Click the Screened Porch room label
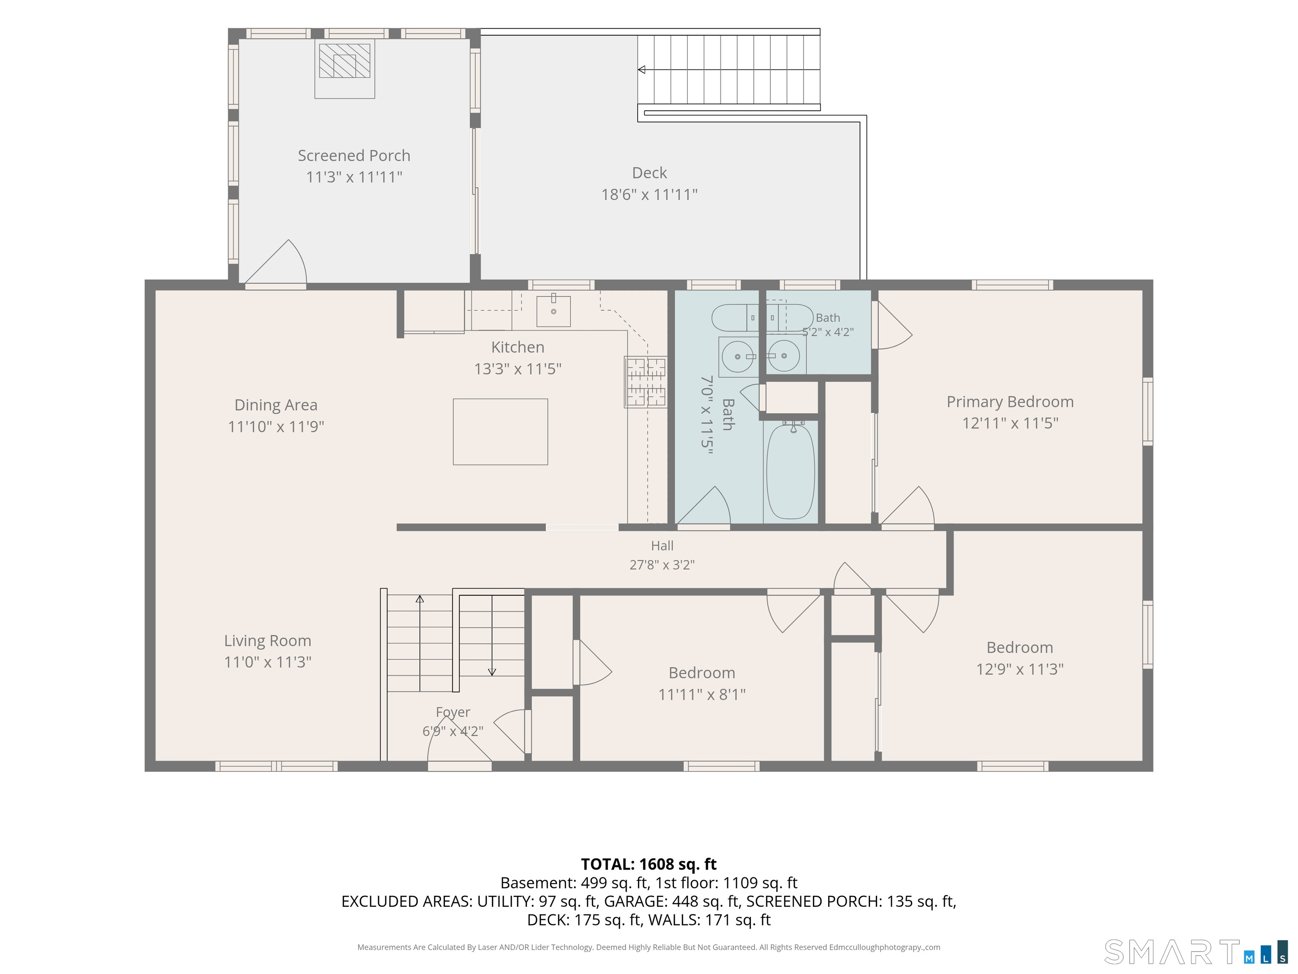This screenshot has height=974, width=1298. pyautogui.click(x=354, y=156)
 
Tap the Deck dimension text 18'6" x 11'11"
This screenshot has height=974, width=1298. pyautogui.click(x=649, y=194)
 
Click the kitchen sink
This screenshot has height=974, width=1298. pyautogui.click(x=554, y=311)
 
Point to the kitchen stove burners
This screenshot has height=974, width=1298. pyautogui.click(x=646, y=382)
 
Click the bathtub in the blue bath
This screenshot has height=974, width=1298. pyautogui.click(x=791, y=471)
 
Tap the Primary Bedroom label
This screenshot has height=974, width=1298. pyautogui.click(x=1010, y=402)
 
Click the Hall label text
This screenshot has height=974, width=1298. pyautogui.click(x=662, y=545)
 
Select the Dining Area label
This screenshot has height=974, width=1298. pyautogui.click(x=276, y=405)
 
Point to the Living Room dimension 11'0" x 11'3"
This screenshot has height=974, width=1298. pyautogui.click(x=267, y=662)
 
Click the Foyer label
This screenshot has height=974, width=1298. pyautogui.click(x=453, y=712)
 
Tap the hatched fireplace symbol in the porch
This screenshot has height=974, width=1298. pyautogui.click(x=344, y=61)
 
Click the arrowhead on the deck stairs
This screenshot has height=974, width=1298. pyautogui.click(x=641, y=70)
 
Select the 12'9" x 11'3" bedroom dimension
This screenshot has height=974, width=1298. pyautogui.click(x=1020, y=669)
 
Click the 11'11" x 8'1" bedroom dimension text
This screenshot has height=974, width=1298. pyautogui.click(x=702, y=695)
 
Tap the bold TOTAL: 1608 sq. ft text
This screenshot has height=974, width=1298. pyautogui.click(x=649, y=864)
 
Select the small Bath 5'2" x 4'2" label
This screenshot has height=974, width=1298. pyautogui.click(x=828, y=325)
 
